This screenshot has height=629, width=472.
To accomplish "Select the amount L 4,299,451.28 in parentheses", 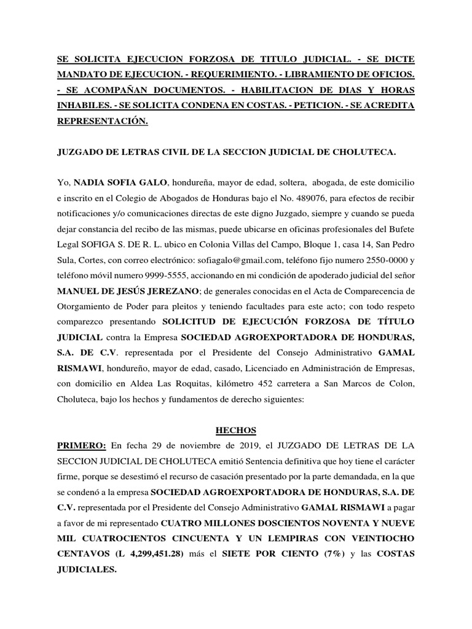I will [x=146, y=553].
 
